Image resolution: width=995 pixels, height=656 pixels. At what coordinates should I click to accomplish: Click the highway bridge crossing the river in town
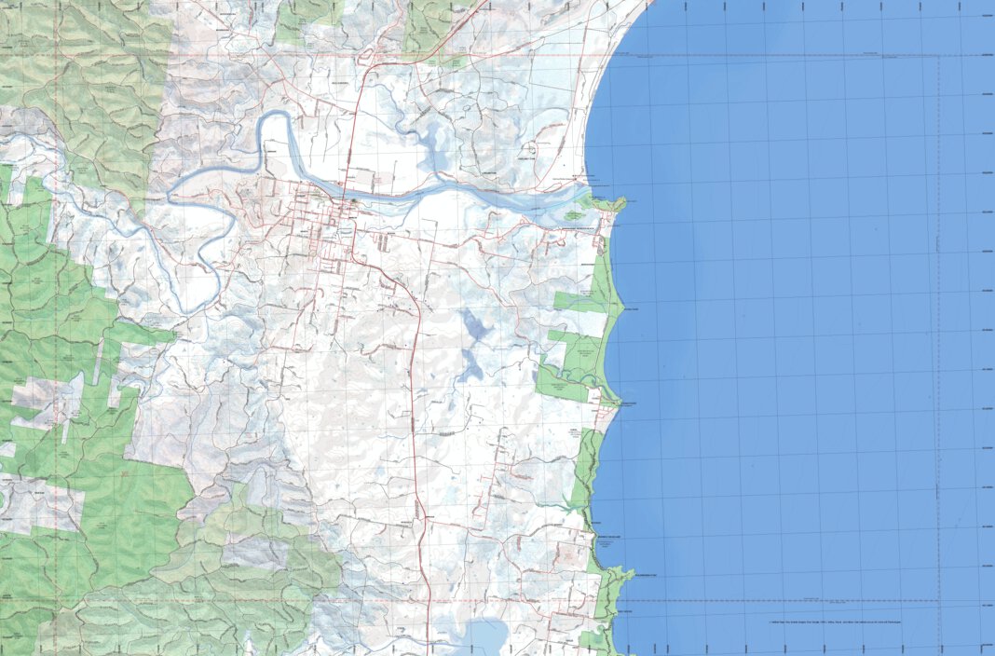(x=351, y=198)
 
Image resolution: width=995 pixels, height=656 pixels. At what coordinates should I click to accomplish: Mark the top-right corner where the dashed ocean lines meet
(x=940, y=55)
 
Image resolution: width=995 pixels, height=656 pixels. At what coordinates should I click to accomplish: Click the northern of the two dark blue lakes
(x=473, y=325)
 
